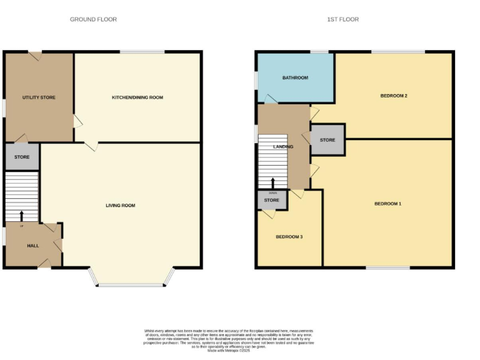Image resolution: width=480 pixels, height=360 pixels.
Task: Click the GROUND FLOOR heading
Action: pyautogui.click(x=93, y=19)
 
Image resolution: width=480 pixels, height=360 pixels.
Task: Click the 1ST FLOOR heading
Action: pyautogui.click(x=343, y=19)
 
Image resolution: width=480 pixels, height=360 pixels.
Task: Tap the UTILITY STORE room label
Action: pyautogui.click(x=39, y=97)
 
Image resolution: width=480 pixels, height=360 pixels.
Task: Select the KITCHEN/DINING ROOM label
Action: pyautogui.click(x=137, y=97)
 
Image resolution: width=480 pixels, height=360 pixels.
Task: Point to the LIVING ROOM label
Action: pyautogui.click(x=121, y=206)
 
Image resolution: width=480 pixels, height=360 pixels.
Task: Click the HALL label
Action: pyautogui.click(x=33, y=246)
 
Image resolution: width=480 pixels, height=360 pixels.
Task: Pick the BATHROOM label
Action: pyautogui.click(x=295, y=77)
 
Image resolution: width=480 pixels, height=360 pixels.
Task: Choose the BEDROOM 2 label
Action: pyautogui.click(x=394, y=96)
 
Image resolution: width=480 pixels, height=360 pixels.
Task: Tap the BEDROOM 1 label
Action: pyautogui.click(x=387, y=204)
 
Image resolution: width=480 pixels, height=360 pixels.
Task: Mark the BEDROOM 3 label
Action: pyautogui.click(x=289, y=237)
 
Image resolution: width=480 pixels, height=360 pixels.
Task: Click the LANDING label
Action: pyautogui.click(x=283, y=147)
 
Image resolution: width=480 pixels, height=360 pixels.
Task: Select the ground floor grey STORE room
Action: pyautogui.click(x=22, y=157)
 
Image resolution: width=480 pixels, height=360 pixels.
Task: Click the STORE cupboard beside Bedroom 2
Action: pyautogui.click(x=327, y=140)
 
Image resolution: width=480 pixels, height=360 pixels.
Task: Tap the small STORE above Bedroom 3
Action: pyautogui.click(x=271, y=200)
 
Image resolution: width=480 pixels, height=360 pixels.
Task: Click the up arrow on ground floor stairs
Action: pyautogui.click(x=22, y=216)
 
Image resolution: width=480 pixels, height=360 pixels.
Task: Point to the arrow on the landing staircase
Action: pyautogui.click(x=272, y=182)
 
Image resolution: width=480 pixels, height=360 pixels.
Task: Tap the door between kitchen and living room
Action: pyautogui.click(x=91, y=146)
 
